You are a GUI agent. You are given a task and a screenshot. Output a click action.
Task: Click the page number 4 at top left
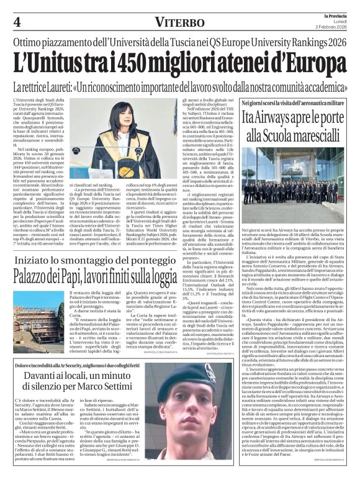17,23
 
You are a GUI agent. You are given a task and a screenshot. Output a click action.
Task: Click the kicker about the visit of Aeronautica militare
294,102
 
